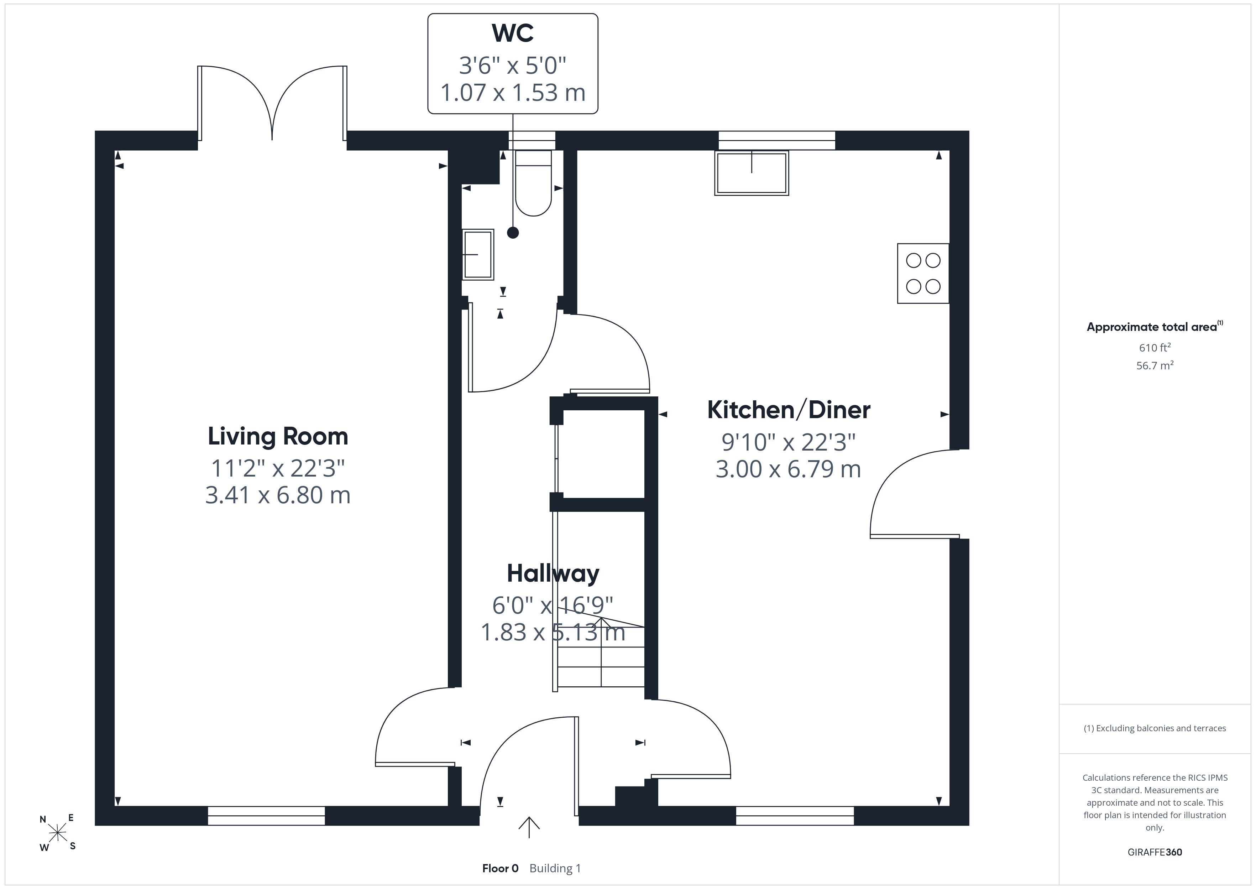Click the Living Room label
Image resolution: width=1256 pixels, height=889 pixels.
278,436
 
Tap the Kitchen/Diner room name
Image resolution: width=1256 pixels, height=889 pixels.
788,410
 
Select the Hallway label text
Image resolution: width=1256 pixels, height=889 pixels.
553,573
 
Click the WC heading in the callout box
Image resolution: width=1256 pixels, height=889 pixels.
513,33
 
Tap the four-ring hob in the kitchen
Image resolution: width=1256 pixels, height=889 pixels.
923,273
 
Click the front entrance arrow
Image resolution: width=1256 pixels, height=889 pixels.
529,827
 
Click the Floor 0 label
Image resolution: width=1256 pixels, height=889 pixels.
500,868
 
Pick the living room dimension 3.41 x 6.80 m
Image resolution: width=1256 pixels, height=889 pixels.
278,495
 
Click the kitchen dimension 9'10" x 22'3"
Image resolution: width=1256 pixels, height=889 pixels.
788,442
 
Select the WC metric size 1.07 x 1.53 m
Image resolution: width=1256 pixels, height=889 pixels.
513,93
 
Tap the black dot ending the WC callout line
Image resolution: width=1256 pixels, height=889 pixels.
513,233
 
